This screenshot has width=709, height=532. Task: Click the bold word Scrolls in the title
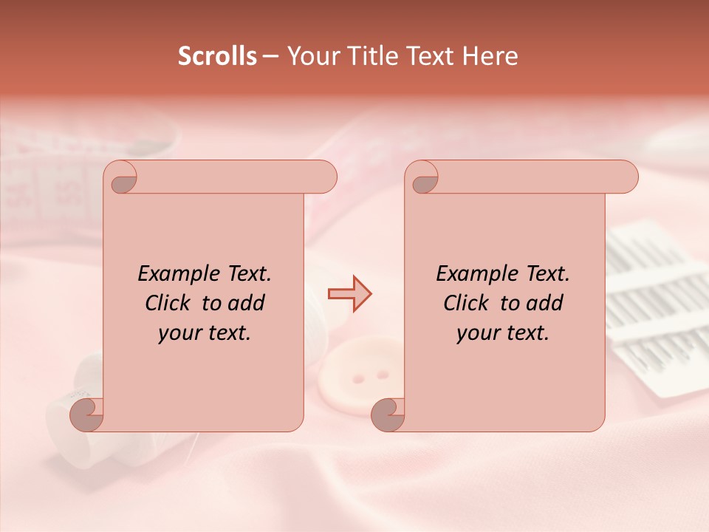pos(218,56)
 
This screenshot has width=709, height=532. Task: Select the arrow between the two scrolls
pos(350,294)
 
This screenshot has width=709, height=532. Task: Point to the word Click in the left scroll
pos(170,303)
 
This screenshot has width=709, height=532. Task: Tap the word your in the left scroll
pos(179,333)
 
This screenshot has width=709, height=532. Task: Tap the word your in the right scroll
pos(478,333)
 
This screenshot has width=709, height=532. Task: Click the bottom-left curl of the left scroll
pos(86,415)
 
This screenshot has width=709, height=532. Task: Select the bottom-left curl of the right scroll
pos(387,415)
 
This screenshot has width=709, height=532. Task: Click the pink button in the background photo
pos(356,378)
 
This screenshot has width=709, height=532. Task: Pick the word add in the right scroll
pos(544,303)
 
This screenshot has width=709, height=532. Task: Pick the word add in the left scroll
pos(247,303)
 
